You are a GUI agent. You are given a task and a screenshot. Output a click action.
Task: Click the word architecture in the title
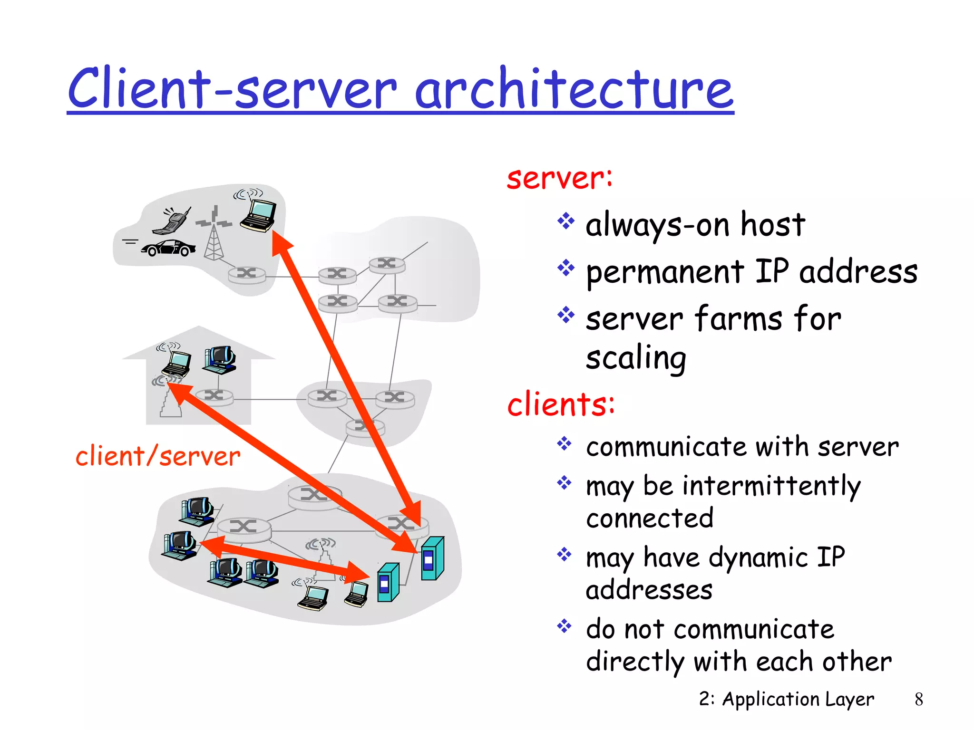point(574,89)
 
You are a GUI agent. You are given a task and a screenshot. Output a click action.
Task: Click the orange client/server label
point(158,456)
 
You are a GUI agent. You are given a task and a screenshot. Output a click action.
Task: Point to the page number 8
point(918,699)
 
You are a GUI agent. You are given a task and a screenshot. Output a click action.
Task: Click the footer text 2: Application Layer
point(786,699)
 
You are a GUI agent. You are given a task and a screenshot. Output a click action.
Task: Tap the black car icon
point(169,248)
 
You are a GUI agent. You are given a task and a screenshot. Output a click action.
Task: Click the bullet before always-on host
point(566,221)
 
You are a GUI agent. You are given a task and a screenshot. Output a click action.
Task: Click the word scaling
point(636,357)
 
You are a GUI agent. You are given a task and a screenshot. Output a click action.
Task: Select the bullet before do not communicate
point(565,626)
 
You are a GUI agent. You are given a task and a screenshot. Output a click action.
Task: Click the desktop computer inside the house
point(220,360)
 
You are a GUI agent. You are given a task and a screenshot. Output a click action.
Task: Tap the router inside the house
point(214,395)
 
